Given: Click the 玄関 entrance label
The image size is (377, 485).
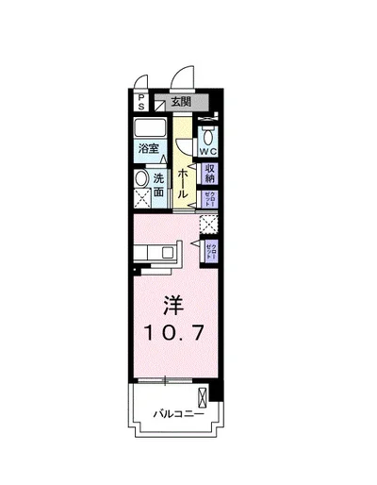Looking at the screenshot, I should click(x=181, y=101).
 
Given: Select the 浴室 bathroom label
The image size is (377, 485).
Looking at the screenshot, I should click(x=149, y=148).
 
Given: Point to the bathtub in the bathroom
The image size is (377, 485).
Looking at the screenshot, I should click(x=151, y=129).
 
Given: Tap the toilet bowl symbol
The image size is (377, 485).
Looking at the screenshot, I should click(x=208, y=133).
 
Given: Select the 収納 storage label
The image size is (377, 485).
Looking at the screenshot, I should click(x=211, y=174).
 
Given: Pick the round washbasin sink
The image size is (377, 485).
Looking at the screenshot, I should click(x=141, y=178).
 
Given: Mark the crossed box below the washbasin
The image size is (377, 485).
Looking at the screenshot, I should click(x=141, y=198).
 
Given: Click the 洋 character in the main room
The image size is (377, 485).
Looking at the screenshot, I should click(x=173, y=307).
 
